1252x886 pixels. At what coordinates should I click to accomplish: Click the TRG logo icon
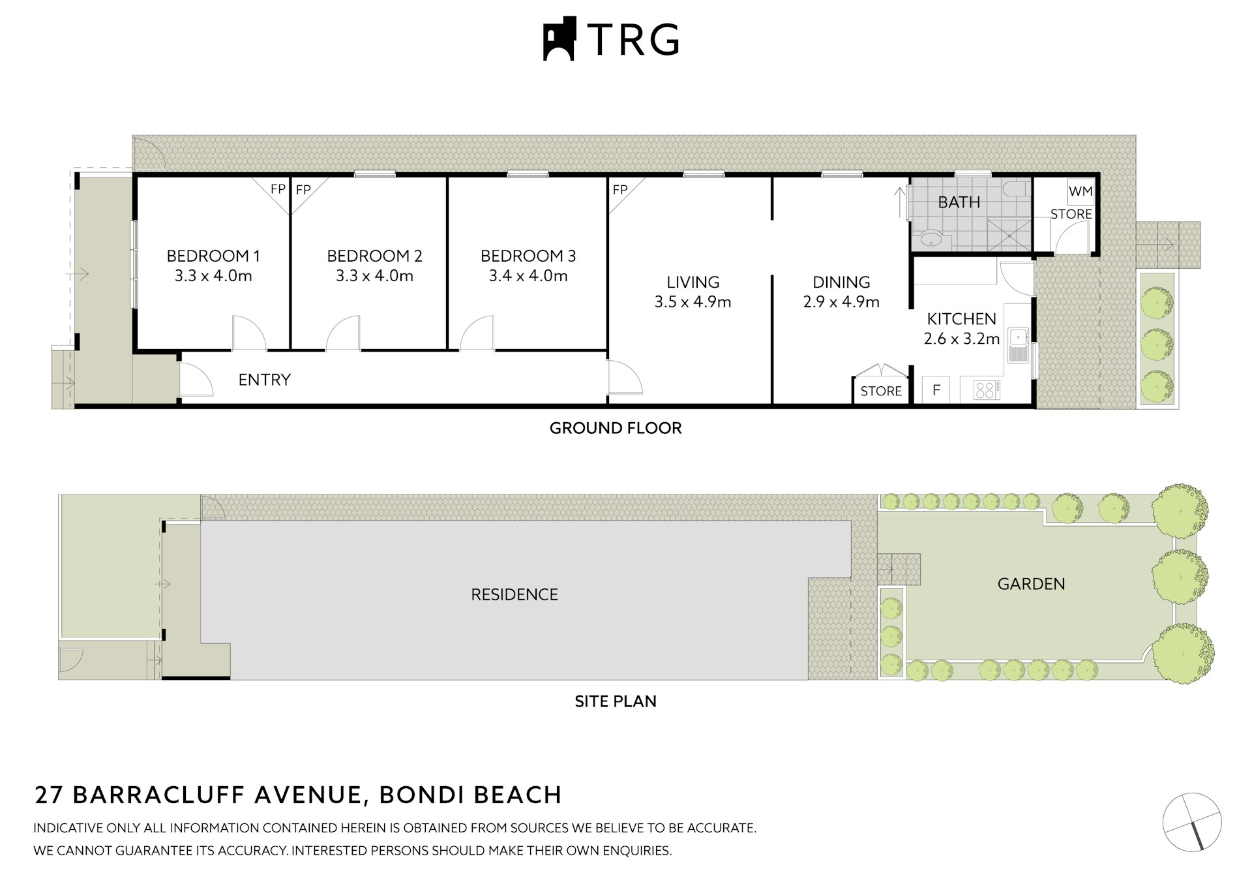559,39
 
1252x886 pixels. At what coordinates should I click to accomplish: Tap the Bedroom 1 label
213,256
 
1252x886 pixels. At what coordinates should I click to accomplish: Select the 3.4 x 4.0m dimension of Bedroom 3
528,276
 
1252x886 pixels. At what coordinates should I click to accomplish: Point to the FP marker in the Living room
620,190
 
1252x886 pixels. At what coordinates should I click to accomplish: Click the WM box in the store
1081,192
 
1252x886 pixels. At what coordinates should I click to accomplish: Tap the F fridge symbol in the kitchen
936,390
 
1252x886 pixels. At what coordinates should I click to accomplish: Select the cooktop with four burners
986,390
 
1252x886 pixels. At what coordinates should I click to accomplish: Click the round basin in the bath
932,239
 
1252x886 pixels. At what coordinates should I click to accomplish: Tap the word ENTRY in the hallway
264,380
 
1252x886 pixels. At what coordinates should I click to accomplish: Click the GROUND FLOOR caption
615,428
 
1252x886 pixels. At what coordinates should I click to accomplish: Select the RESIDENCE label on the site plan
514,594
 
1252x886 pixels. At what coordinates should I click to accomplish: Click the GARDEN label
1031,584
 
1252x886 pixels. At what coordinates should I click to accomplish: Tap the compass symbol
1191,822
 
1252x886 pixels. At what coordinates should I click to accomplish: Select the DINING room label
841,282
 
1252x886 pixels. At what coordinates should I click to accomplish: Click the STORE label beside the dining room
881,391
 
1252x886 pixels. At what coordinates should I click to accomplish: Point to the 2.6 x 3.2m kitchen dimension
961,339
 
